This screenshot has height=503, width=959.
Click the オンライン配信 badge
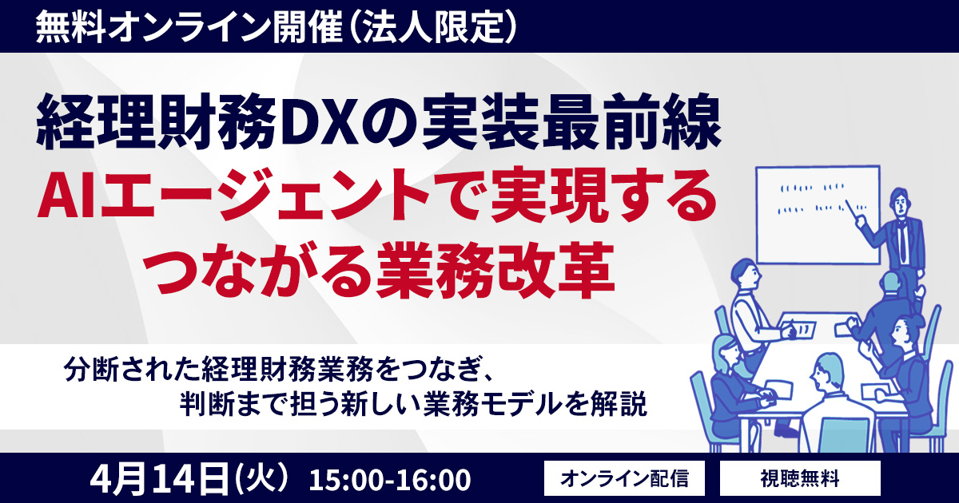point(624,477)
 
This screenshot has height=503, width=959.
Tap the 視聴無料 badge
point(800,477)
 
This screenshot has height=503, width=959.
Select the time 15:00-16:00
point(390,480)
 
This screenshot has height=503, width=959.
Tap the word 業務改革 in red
point(495,270)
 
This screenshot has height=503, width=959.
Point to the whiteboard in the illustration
point(818,215)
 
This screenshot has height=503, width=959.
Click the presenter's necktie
point(902,241)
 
